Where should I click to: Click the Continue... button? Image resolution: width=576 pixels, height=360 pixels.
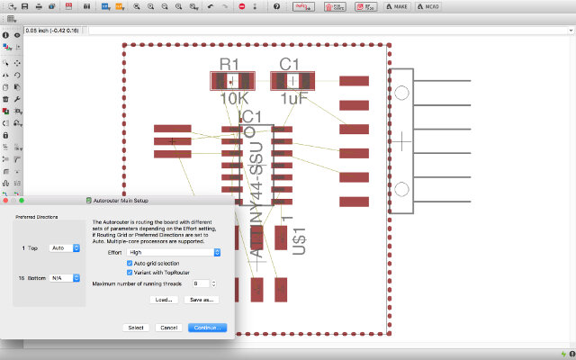point(207,328)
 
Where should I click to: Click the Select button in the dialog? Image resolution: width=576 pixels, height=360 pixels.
point(136,328)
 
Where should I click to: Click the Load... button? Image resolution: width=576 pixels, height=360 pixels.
point(163,299)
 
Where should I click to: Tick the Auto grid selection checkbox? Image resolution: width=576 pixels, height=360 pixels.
point(130,263)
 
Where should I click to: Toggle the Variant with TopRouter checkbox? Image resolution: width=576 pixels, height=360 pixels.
point(130,272)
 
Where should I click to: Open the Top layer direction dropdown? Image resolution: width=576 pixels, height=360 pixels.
point(65,247)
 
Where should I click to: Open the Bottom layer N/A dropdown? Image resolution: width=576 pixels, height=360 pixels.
point(65,279)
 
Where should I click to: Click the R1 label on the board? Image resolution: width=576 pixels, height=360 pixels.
point(230,64)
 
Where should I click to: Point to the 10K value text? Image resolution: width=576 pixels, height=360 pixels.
point(232,98)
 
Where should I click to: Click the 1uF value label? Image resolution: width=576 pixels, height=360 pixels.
point(292,98)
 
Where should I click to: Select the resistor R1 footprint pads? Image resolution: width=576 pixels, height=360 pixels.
point(232,81)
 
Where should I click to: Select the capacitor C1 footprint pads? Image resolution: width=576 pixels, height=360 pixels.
point(292,81)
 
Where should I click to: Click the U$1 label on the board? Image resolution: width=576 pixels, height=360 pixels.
point(301,243)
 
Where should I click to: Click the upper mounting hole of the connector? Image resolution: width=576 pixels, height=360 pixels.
point(401,92)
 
